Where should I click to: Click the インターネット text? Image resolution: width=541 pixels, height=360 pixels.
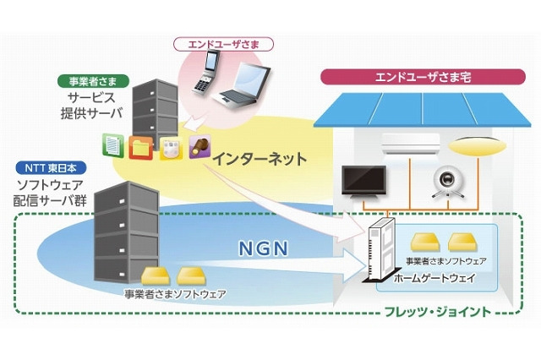click(259, 157)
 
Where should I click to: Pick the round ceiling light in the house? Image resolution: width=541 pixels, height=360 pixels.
click(471, 147)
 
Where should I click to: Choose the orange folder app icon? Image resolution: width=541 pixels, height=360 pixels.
click(140, 147)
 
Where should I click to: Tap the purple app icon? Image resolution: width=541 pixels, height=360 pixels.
click(199, 147)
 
